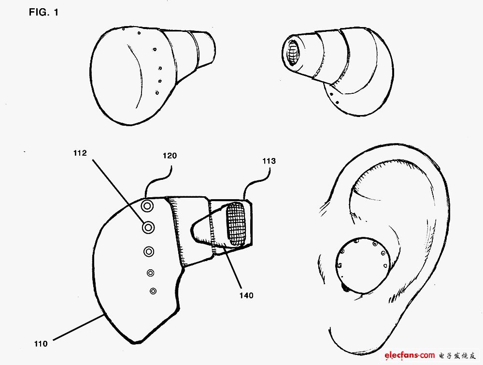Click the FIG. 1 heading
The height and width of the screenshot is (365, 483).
(43, 12)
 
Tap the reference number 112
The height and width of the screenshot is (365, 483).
(80, 153)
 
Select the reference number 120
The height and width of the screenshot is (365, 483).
(170, 156)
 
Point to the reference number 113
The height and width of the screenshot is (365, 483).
(269, 161)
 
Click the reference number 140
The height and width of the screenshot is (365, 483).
(246, 296)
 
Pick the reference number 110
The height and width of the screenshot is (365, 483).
(41, 343)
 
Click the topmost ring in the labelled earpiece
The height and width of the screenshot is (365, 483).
(147, 205)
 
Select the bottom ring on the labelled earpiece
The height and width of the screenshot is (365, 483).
(153, 291)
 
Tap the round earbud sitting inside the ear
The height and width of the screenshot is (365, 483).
(362, 265)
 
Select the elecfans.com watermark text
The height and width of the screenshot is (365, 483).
(410, 355)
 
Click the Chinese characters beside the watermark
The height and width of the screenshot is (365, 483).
(457, 355)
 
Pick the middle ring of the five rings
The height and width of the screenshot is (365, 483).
(149, 252)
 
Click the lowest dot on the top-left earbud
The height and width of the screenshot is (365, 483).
(157, 92)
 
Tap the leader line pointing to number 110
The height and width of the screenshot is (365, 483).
(79, 327)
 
